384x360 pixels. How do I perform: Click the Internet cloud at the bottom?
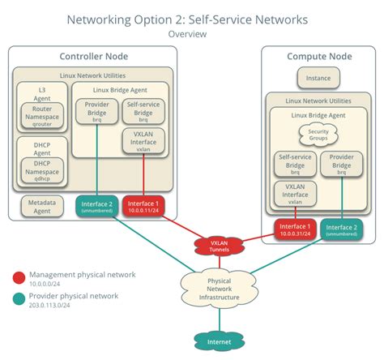coord(212,342)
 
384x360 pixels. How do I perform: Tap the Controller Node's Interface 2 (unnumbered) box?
coord(97,206)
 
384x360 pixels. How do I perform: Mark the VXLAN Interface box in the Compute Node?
coord(295,195)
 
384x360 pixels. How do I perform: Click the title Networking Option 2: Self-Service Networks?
coord(187,19)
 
